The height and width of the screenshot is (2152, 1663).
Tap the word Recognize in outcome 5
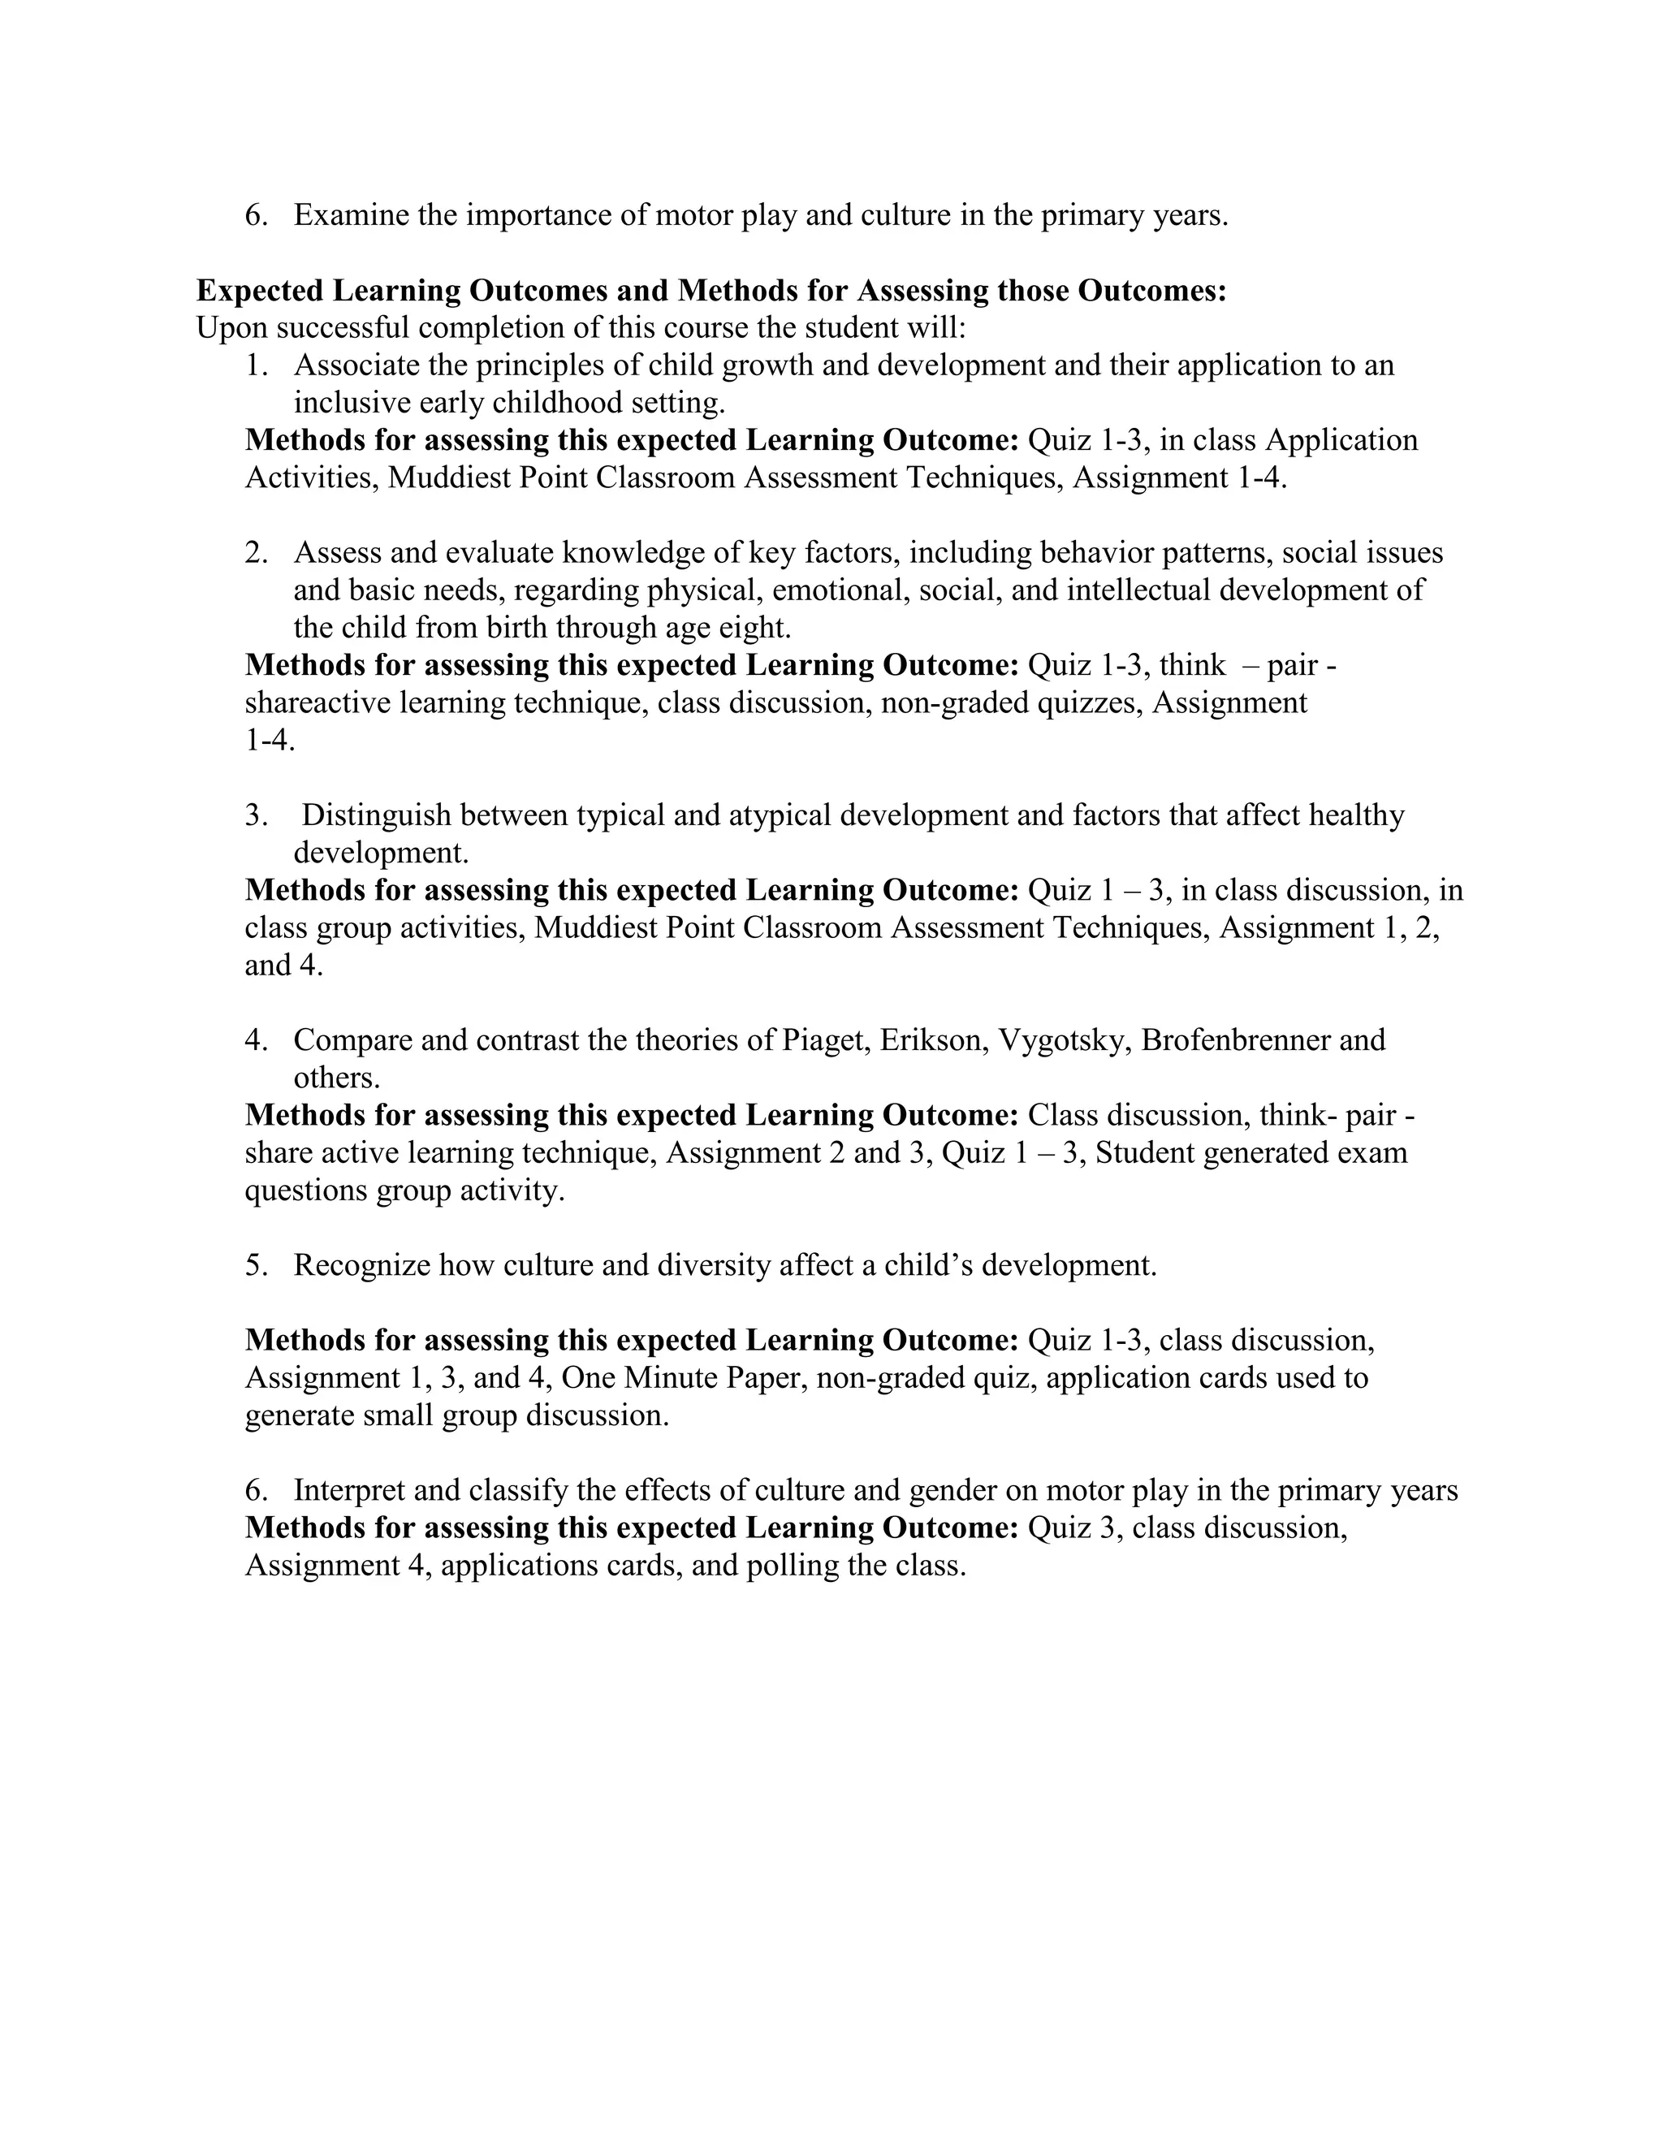click(x=361, y=1266)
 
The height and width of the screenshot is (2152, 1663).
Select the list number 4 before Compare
click(x=255, y=1040)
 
